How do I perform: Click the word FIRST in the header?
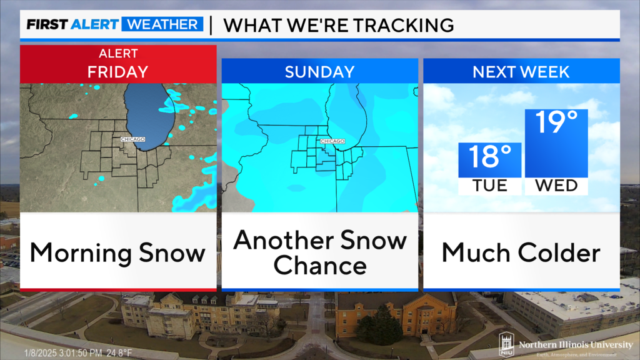46,25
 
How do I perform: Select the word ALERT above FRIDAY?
118,54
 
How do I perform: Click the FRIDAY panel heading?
118,71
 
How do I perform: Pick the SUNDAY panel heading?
319,72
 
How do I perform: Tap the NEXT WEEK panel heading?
521,72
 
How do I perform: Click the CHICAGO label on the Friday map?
133,139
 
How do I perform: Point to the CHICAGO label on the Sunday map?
332,141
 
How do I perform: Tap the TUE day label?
489,186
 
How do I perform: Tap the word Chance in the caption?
319,266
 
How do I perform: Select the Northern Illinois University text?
575,344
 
